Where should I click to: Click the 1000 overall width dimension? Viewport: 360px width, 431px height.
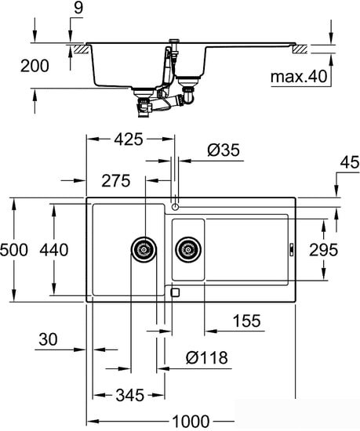(x=191, y=421)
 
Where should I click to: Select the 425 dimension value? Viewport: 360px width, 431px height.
(x=129, y=139)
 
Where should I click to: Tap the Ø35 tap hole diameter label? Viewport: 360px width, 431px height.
(x=224, y=150)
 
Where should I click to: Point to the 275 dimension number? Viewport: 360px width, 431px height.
(x=116, y=181)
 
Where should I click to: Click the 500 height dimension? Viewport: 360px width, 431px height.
(x=14, y=250)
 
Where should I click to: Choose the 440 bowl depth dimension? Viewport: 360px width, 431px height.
(x=54, y=250)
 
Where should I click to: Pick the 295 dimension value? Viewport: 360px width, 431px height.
(x=324, y=250)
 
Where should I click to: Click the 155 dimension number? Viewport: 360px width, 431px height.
(x=246, y=321)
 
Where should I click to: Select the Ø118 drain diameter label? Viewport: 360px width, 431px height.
(x=207, y=357)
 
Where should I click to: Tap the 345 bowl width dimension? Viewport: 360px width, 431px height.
(x=130, y=396)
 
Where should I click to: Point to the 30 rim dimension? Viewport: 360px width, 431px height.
(x=48, y=339)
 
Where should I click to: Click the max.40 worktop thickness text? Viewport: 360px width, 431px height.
(x=299, y=77)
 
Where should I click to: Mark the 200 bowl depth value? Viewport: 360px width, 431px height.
(x=35, y=67)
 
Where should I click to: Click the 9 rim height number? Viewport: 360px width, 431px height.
(x=78, y=8)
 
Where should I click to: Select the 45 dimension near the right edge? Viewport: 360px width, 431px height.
(x=350, y=162)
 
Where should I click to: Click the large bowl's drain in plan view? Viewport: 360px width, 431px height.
(x=144, y=249)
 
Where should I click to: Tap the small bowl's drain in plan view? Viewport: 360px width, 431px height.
(x=188, y=249)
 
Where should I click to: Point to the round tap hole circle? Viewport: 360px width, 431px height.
(x=175, y=207)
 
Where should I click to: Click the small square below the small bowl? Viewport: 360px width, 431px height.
(x=175, y=292)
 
